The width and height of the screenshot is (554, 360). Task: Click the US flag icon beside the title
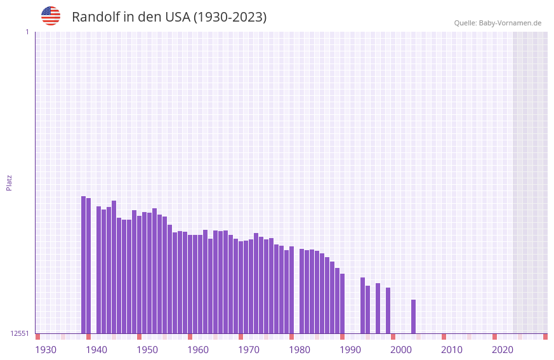point(51,16)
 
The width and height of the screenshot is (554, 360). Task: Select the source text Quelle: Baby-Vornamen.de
point(498,23)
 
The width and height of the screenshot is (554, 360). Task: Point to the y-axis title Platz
point(9,182)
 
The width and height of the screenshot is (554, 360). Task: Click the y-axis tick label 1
point(27,32)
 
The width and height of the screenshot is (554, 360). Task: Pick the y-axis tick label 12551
point(20,333)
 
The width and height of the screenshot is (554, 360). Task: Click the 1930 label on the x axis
point(46,350)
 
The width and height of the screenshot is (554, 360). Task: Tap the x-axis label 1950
point(147,350)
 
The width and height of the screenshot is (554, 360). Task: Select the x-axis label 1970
point(249,350)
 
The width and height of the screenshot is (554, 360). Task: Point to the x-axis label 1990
point(350,350)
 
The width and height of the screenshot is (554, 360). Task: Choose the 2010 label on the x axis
point(452,350)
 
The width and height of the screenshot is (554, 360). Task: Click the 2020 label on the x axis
point(503,350)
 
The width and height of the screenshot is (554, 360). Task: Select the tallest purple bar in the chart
point(83,264)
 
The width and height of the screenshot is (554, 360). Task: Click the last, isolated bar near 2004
point(413,316)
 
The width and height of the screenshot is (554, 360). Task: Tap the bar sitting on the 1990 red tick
point(342,303)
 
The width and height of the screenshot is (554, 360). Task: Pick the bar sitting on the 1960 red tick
point(190,284)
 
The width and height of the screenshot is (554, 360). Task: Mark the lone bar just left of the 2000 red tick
point(388,310)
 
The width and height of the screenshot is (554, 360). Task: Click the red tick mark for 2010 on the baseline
point(444,337)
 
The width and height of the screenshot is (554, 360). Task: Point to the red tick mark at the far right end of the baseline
point(545,337)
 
